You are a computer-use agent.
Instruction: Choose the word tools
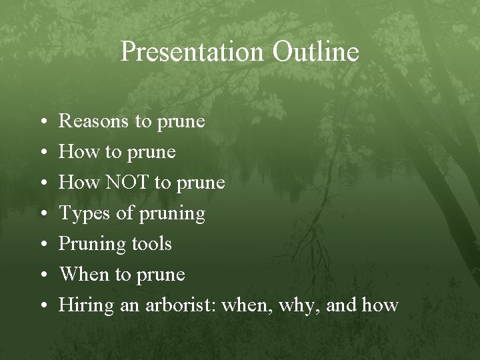[152, 244]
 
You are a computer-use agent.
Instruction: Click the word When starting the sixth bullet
[84, 275]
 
